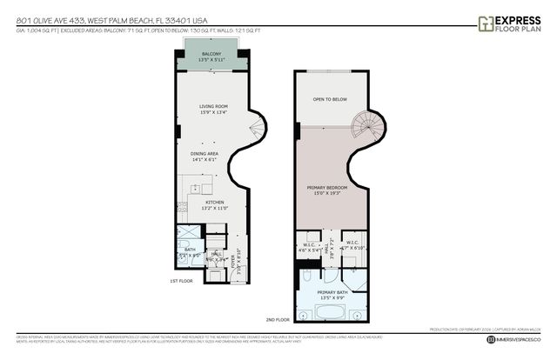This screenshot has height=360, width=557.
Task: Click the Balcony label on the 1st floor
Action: [212, 57]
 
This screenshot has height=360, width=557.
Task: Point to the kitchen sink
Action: [196, 188]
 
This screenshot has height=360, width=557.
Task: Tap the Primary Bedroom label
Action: [326, 190]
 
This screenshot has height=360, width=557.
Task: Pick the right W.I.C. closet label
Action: [352, 246]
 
